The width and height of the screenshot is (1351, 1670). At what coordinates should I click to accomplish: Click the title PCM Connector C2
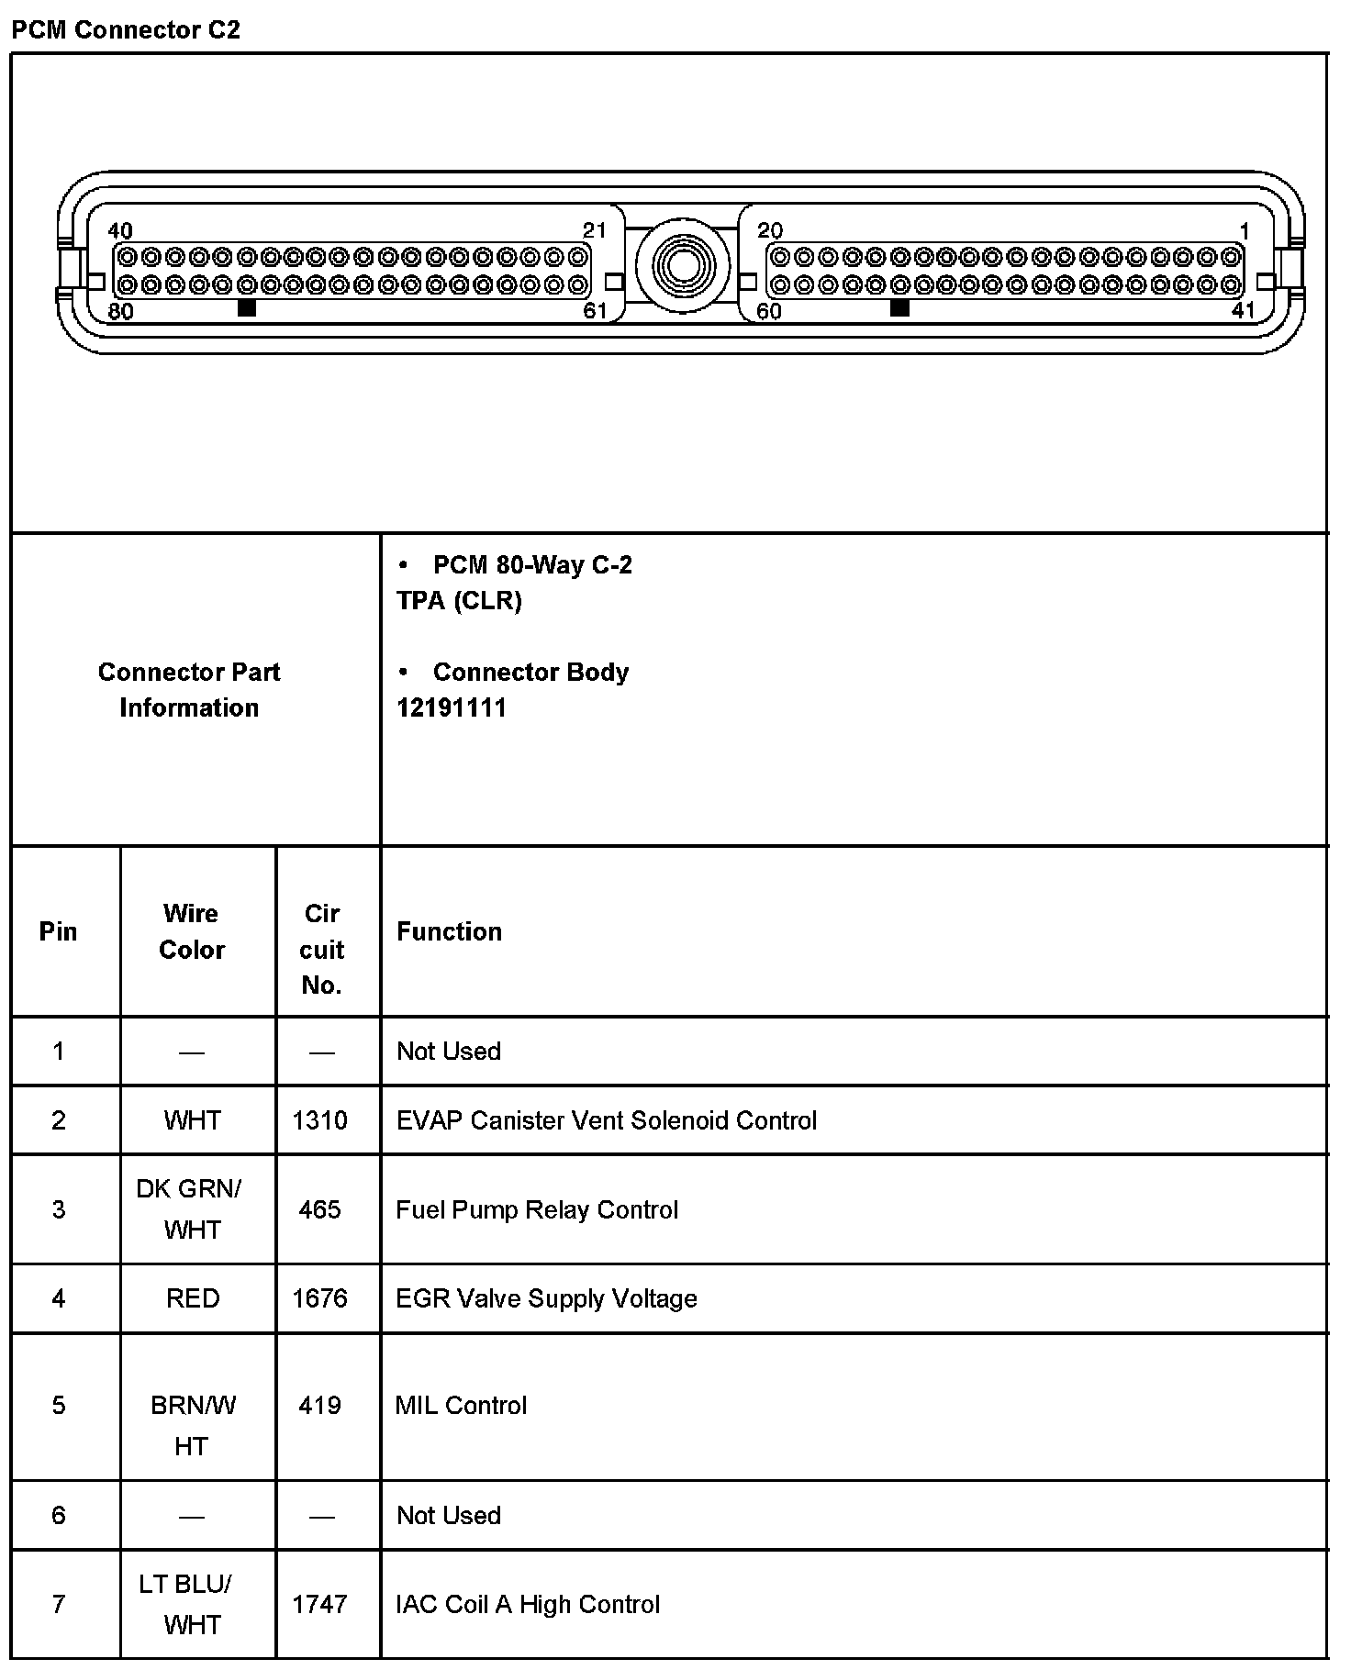pyautogui.click(x=126, y=29)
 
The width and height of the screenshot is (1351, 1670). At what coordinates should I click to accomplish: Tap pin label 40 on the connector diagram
pyautogui.click(x=120, y=230)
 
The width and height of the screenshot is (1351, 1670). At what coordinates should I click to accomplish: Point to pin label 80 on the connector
pyautogui.click(x=120, y=311)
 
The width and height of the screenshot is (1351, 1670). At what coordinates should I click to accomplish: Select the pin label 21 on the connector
pyautogui.click(x=595, y=229)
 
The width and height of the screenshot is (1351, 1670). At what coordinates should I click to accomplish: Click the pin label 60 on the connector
pyautogui.click(x=769, y=311)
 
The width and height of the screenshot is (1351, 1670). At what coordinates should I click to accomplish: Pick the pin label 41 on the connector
pyautogui.click(x=1243, y=310)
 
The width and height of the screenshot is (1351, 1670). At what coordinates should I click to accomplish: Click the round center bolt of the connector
pyautogui.click(x=682, y=266)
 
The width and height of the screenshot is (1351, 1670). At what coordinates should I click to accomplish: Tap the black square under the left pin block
pyautogui.click(x=246, y=308)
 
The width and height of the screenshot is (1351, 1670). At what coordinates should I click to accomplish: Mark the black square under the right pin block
pyautogui.click(x=899, y=308)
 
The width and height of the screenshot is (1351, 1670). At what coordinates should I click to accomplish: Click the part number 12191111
pyautogui.click(x=452, y=707)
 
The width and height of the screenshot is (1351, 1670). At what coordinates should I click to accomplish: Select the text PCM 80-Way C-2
pyautogui.click(x=532, y=564)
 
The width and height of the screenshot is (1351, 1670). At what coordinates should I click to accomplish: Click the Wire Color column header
pyautogui.click(x=192, y=931)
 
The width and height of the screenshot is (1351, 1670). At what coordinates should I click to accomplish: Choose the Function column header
pyautogui.click(x=449, y=931)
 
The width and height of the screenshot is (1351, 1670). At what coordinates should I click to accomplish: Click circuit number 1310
pyautogui.click(x=319, y=1120)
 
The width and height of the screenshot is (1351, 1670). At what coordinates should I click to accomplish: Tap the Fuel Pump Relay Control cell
pyautogui.click(x=537, y=1209)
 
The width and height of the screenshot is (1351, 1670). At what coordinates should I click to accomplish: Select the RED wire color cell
pyautogui.click(x=193, y=1298)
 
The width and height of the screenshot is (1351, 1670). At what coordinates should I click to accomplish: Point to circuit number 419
pyautogui.click(x=319, y=1405)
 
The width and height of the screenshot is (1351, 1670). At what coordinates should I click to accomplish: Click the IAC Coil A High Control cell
pyautogui.click(x=528, y=1604)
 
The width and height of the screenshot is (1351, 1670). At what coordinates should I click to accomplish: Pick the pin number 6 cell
pyautogui.click(x=59, y=1515)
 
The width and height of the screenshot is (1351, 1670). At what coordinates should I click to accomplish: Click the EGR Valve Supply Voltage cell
pyautogui.click(x=546, y=1298)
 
